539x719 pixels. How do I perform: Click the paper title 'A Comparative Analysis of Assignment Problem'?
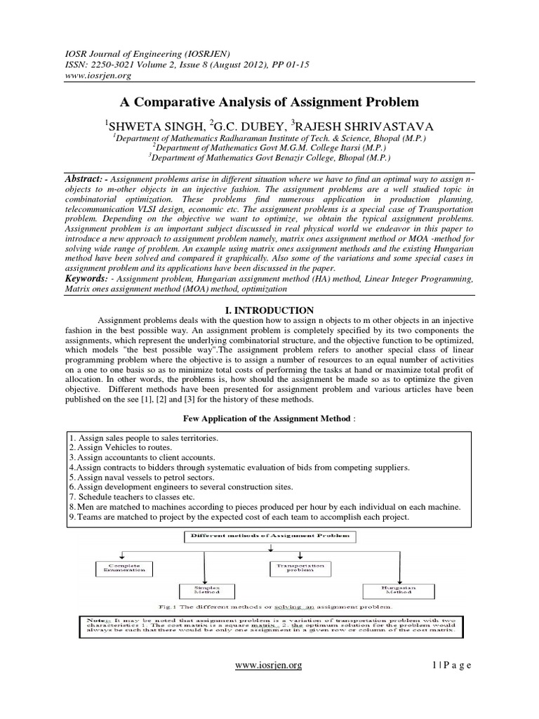269,103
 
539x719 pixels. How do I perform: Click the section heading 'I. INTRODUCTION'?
269,310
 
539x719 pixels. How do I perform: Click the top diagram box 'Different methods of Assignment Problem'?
270,537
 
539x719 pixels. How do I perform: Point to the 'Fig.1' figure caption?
269,605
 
